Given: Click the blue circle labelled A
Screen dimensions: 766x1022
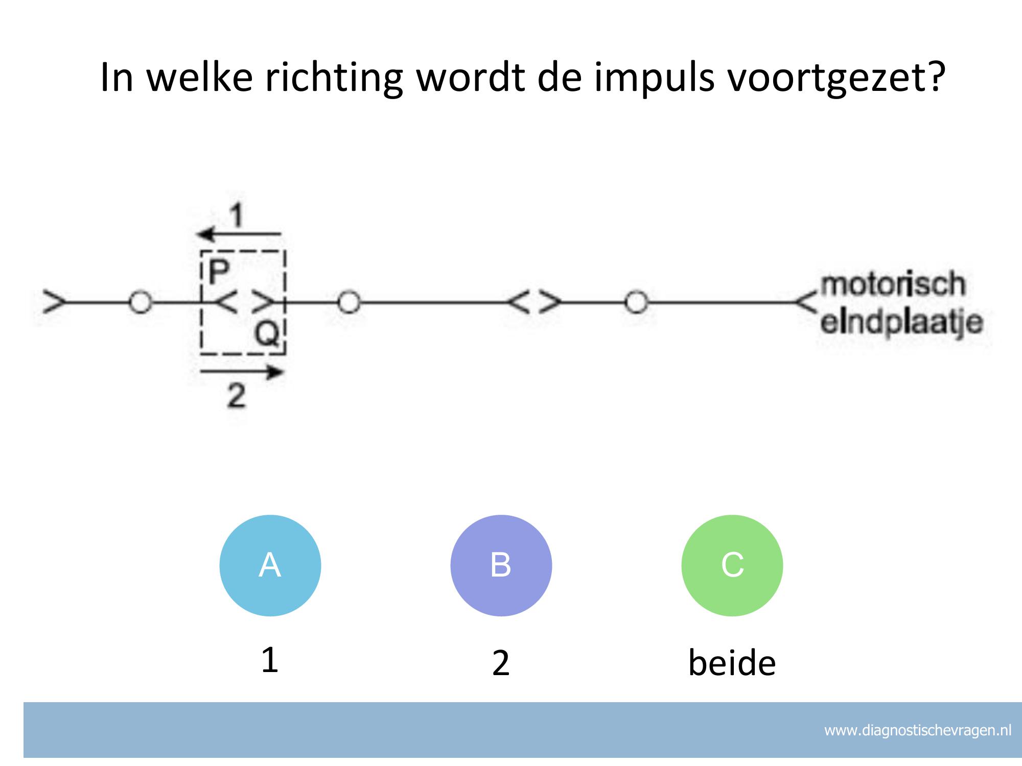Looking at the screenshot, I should coord(270,565).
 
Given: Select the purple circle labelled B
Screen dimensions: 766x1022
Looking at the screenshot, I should coord(501,565).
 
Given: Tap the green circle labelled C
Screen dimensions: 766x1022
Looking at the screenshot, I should coord(732,565).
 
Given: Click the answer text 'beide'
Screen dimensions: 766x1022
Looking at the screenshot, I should coord(732,663).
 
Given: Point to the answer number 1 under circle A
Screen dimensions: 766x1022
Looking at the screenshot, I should coord(269,660).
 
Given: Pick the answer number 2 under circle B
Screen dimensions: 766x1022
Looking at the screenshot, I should coord(501,663).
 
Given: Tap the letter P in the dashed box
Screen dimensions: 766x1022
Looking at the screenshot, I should coord(219,272).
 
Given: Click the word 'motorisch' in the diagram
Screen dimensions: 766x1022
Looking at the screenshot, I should coord(892,284).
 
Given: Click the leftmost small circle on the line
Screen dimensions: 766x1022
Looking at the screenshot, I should coord(140,302).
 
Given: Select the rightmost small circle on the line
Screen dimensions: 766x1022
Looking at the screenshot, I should coord(636,302).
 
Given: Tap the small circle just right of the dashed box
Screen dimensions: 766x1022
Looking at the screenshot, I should coord(349,302).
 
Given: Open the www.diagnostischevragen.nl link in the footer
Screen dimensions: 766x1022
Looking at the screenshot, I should coord(918,731).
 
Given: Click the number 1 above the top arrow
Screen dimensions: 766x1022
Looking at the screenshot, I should coord(236,215).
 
